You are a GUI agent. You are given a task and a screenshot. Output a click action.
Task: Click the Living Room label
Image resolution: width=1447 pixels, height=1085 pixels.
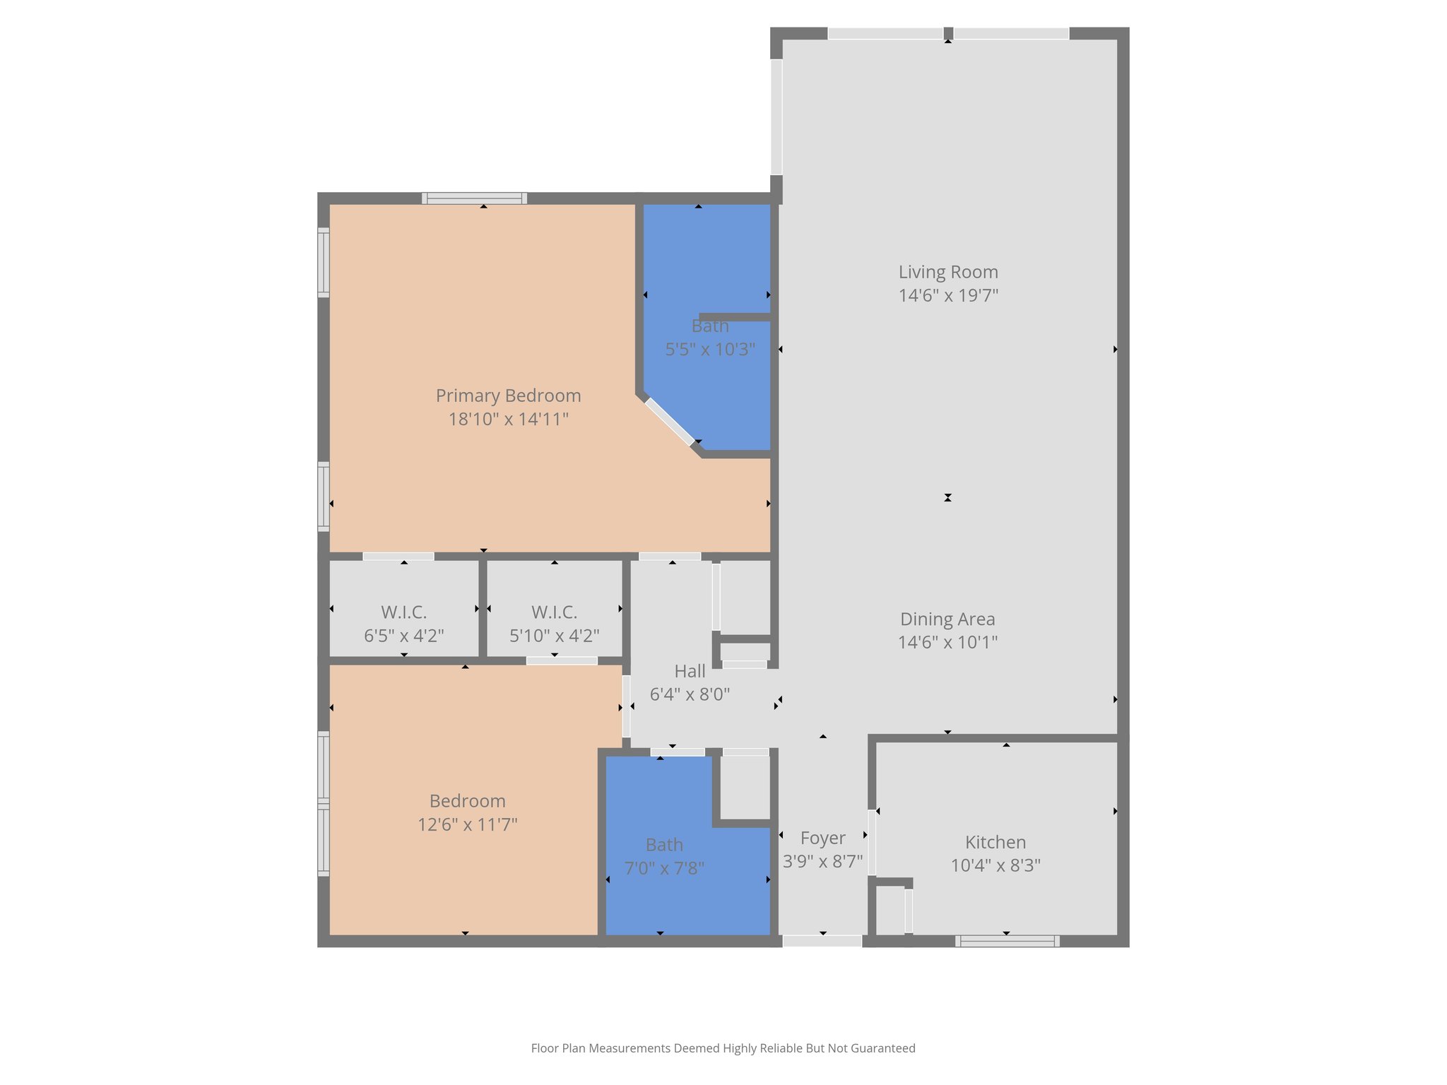point(947,272)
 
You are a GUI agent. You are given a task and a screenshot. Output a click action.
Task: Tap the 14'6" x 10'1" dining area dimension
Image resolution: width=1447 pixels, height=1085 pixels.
point(947,642)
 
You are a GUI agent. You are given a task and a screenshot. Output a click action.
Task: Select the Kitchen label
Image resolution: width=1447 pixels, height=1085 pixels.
point(995,842)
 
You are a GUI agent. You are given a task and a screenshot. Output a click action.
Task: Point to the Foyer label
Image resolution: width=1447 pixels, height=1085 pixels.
point(822,838)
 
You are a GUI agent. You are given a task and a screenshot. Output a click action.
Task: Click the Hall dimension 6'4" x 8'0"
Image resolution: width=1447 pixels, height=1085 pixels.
point(690,694)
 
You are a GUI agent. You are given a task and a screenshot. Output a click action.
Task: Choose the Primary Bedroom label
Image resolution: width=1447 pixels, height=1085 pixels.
point(508,396)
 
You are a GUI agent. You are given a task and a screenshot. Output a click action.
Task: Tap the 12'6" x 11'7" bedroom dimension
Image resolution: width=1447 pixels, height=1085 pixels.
point(467,824)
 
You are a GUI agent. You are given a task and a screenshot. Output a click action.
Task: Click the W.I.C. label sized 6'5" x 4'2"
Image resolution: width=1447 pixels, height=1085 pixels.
point(403,612)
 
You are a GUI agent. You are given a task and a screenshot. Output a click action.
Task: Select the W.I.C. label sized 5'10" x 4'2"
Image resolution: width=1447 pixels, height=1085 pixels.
point(554,612)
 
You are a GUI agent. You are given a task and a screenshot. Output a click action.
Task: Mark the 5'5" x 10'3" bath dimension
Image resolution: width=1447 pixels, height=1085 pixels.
point(710,349)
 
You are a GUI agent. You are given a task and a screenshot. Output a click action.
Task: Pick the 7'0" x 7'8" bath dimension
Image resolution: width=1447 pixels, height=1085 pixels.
point(664,868)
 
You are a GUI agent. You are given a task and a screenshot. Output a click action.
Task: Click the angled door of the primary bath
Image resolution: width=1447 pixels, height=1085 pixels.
point(669,422)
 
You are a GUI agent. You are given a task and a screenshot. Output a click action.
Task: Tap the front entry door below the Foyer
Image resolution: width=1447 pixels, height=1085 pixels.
point(822,941)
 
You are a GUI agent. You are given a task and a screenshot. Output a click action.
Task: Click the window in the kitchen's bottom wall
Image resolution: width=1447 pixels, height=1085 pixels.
point(1007,941)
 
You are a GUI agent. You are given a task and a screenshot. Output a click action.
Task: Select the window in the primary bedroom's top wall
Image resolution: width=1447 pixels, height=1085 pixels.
point(474,198)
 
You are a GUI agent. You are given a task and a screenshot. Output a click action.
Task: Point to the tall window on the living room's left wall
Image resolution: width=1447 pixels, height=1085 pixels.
point(776,117)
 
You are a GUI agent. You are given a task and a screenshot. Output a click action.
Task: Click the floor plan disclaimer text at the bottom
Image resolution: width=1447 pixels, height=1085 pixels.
point(723,1048)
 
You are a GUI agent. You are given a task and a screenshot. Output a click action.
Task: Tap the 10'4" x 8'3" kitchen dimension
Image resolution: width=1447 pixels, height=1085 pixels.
point(995,865)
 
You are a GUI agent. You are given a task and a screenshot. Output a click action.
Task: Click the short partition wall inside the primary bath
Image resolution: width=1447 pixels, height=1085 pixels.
point(734,317)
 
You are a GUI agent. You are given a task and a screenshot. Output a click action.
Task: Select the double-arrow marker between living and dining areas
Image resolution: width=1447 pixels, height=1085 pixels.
point(947,497)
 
